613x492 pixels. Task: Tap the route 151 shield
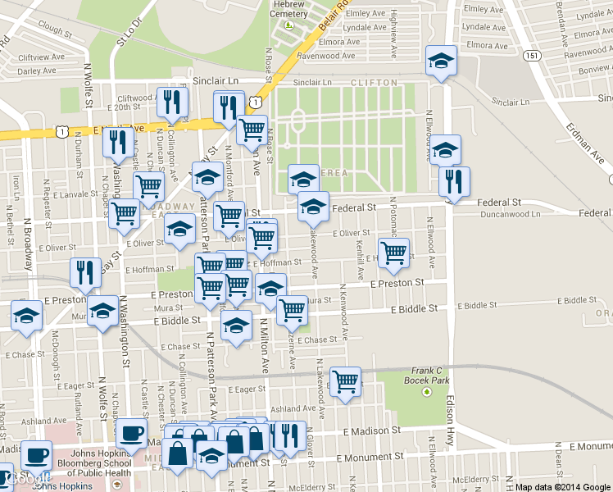[533, 55]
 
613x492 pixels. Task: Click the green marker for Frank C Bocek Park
[426, 392]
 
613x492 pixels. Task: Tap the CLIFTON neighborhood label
[373, 83]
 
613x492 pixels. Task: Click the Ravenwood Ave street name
[326, 56]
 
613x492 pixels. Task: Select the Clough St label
[56, 30]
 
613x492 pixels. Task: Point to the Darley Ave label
[37, 71]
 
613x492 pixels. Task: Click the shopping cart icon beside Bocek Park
[346, 380]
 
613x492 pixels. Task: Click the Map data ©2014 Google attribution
[563, 487]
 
